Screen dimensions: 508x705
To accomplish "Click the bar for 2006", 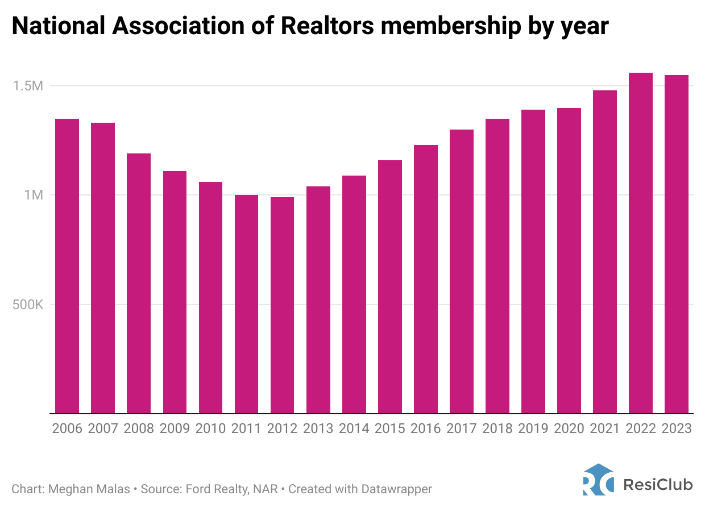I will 67,266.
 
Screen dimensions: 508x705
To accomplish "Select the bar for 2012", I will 282,305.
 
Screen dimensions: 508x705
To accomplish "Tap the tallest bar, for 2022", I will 641,243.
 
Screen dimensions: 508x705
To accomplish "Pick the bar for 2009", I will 175,292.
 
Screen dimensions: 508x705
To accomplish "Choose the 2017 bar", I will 462,272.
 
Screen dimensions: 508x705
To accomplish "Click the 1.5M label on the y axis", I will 28,86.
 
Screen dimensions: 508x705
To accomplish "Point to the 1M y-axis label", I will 32,195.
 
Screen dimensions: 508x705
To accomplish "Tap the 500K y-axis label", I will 27,305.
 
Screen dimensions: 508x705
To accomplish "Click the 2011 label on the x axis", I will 246,428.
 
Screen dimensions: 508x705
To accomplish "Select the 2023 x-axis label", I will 677,428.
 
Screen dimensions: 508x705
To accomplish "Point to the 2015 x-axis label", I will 390,428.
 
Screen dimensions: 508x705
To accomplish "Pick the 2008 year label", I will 139,428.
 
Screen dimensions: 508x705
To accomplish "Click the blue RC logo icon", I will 598,480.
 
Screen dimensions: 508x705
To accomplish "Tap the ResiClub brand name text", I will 658,484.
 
